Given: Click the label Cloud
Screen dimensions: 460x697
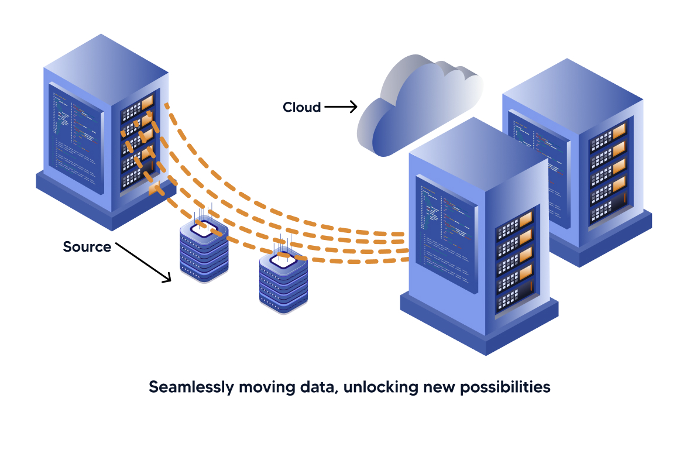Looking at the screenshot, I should (x=301, y=107).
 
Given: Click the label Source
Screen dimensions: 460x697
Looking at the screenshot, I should (x=87, y=247).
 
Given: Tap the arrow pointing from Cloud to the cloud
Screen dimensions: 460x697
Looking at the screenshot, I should (x=340, y=107).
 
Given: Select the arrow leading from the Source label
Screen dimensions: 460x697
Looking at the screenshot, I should (x=143, y=262).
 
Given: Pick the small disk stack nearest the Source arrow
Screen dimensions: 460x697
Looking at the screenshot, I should (x=203, y=252).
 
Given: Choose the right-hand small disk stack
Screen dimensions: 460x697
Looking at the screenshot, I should (x=283, y=284).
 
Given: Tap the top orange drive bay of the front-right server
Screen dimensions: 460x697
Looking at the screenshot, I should (x=524, y=219).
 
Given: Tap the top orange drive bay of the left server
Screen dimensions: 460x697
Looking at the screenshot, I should (x=147, y=102).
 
